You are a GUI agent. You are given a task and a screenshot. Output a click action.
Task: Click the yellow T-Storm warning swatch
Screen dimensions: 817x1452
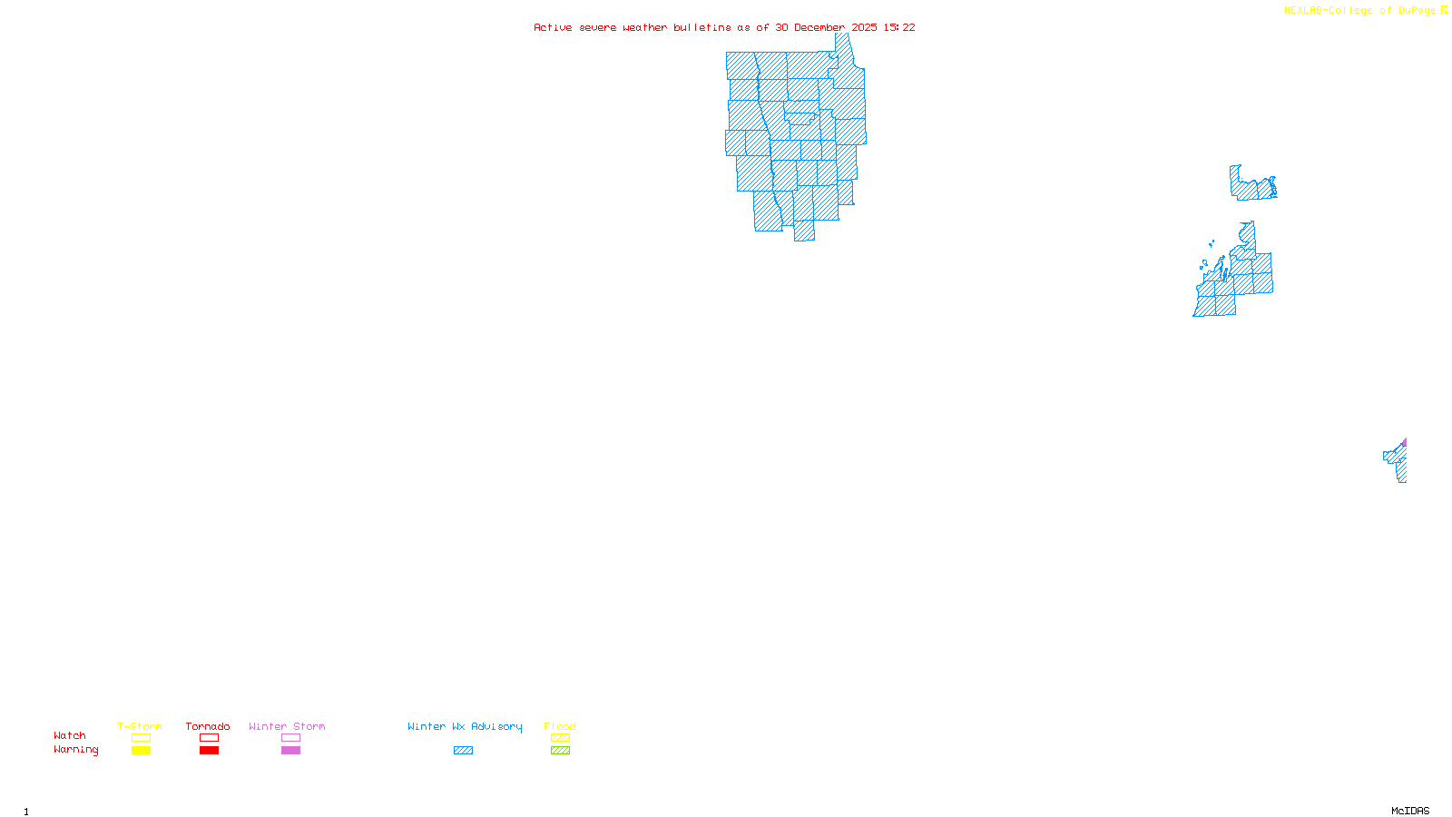tap(141, 751)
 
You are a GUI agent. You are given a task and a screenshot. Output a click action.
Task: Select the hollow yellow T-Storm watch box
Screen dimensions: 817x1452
tap(141, 738)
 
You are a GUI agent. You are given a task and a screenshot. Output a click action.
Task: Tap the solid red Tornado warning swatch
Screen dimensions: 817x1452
tap(209, 751)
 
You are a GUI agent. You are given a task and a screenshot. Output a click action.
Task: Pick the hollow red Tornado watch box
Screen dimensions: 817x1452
tap(209, 738)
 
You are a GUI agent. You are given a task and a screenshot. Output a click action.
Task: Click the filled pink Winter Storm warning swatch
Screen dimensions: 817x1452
tap(290, 751)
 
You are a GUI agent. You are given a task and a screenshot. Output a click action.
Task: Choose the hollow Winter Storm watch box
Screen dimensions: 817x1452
tap(290, 738)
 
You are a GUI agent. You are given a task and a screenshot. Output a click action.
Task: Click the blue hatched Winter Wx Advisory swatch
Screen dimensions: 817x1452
tap(463, 751)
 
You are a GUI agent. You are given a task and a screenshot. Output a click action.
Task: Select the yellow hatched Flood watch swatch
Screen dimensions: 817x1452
tap(560, 738)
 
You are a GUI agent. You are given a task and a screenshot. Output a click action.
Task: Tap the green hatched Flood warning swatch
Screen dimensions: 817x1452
tap(560, 751)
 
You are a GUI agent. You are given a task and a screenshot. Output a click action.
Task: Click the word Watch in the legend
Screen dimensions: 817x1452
tap(70, 736)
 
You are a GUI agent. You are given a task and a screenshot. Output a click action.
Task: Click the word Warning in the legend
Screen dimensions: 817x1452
tap(76, 750)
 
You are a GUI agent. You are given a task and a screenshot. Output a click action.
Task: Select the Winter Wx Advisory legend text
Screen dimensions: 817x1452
tap(465, 726)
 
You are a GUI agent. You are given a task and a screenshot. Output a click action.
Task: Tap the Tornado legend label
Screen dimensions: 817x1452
tap(208, 726)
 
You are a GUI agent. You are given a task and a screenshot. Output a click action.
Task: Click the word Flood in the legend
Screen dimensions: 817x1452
tap(560, 726)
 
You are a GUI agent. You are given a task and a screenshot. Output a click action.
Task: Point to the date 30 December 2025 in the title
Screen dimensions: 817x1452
tap(826, 28)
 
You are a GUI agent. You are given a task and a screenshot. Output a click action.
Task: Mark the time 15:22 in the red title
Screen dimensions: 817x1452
tap(899, 28)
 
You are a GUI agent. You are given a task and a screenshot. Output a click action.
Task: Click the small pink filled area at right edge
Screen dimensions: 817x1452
tap(1404, 443)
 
